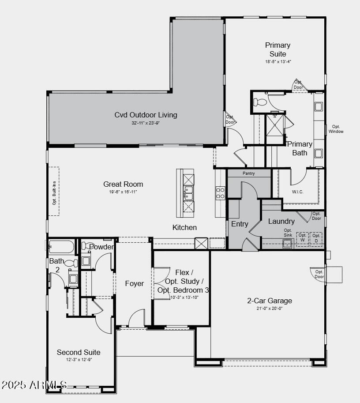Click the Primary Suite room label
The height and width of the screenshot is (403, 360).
pyautogui.click(x=277, y=49)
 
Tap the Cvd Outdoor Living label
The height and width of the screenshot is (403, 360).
pyautogui.click(x=146, y=115)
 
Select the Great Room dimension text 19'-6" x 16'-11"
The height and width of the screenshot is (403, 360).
pyautogui.click(x=123, y=192)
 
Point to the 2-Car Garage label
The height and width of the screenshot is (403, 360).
pyautogui.click(x=269, y=301)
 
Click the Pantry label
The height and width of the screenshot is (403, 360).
pyautogui.click(x=249, y=173)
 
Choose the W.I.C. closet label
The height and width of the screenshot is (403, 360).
pyautogui.click(x=298, y=192)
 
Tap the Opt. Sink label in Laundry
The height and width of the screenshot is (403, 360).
pyautogui.click(x=288, y=233)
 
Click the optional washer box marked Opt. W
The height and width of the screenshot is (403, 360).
pyautogui.click(x=302, y=238)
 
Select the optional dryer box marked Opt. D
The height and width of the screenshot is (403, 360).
pyautogui.click(x=316, y=238)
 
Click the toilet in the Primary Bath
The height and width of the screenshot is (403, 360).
pyautogui.click(x=261, y=102)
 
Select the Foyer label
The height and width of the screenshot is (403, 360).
pyautogui.click(x=134, y=283)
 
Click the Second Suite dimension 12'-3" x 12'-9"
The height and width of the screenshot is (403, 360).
pyautogui.click(x=79, y=360)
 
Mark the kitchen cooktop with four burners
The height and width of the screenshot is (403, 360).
pyautogui.click(x=220, y=192)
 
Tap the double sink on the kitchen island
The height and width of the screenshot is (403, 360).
pyautogui.click(x=188, y=192)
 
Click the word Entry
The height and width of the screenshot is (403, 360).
pyautogui.click(x=240, y=224)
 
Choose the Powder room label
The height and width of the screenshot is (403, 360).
pyautogui.click(x=101, y=247)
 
